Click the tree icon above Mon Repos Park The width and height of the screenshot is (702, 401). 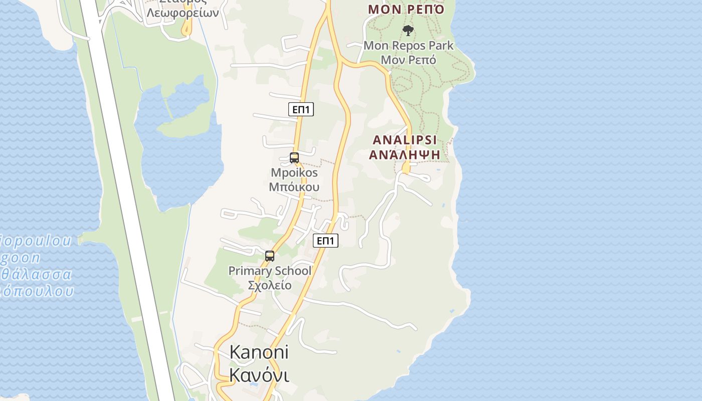tap(408, 31)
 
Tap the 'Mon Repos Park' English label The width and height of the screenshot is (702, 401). tap(408, 46)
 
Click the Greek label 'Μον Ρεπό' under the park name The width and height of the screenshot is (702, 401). tap(408, 60)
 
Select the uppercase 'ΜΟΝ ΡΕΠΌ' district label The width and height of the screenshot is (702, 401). tap(406, 10)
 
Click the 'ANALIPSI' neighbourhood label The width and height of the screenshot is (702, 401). tap(404, 139)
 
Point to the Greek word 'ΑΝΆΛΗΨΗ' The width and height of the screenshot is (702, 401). tap(404, 154)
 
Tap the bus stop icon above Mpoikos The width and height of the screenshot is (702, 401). tap(294, 158)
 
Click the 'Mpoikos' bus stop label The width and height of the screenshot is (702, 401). tap(294, 172)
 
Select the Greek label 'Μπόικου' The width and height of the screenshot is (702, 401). tap(294, 187)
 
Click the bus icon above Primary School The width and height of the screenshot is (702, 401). tap(270, 256)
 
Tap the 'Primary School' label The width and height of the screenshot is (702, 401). tap(270, 271)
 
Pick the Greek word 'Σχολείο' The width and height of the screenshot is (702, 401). tap(270, 286)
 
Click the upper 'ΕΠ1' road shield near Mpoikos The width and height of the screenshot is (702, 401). tap(301, 109)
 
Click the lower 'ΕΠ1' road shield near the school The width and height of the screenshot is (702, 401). tap(326, 241)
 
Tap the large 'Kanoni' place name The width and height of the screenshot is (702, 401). tap(259, 352)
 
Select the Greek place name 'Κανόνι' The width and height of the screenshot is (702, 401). tap(259, 374)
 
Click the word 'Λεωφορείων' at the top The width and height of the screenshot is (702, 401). tap(183, 13)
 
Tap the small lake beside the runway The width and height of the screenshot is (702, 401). tap(181, 150)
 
